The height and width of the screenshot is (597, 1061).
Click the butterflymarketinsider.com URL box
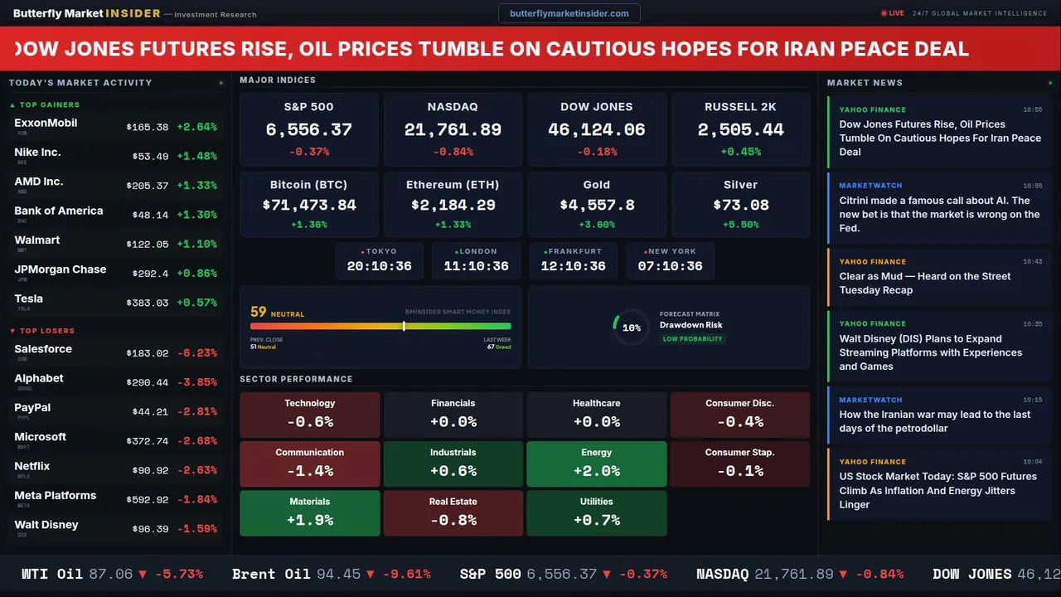coord(569,13)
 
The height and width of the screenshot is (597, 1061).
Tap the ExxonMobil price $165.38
coord(148,128)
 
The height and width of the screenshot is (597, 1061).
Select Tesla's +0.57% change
coord(197,303)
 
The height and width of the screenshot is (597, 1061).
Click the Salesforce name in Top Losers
coord(43,349)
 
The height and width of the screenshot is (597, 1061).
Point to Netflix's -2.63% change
coord(197,471)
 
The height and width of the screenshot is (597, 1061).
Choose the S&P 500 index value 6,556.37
coord(308,130)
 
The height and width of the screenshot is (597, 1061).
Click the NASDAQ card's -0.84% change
coord(453,152)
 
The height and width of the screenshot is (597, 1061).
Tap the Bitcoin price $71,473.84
coord(308,205)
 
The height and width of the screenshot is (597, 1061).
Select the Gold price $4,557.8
coord(597,205)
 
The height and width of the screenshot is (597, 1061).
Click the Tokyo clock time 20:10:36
coord(379,266)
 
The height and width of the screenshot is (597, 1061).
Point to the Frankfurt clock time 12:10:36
coord(573,266)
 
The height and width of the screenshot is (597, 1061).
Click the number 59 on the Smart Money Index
coord(259,313)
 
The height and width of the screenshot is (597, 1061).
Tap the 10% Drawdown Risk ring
coord(631,328)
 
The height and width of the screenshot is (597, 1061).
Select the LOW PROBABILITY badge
coord(692,339)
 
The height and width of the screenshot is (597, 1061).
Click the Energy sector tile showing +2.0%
coord(597,464)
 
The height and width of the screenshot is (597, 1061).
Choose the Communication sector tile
coord(310,464)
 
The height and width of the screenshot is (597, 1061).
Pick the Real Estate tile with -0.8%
coord(453,512)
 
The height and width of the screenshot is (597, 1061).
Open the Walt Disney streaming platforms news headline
coord(930,352)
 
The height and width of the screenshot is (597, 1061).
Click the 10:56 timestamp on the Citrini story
coord(1032,186)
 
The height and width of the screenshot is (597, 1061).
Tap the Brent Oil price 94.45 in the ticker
coord(337,574)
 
